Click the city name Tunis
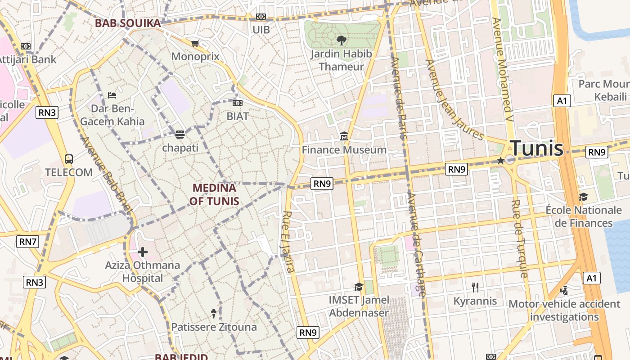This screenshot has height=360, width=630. click(x=536, y=148)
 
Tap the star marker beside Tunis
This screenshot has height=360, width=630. click(x=500, y=161)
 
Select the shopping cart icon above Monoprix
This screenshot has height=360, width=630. click(x=195, y=44)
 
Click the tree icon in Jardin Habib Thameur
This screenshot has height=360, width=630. click(x=341, y=40)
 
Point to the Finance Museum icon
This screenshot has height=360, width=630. click(x=344, y=136)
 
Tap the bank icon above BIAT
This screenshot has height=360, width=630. click(x=237, y=103)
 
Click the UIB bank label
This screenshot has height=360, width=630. click(x=261, y=30)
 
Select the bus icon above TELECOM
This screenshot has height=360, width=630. click(x=69, y=159)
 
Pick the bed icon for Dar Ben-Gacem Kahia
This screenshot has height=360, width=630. click(x=112, y=95)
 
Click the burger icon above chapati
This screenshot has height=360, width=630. click(x=180, y=135)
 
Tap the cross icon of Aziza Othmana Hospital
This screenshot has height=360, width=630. click(x=143, y=252)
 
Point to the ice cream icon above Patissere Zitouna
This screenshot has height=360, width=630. click(x=214, y=313)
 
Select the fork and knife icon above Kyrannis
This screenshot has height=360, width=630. click(x=475, y=287)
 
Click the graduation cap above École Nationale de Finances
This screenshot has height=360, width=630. click(x=583, y=197)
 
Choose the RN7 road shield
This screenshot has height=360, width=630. click(x=28, y=242)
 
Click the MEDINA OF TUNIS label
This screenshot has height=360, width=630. click(x=214, y=194)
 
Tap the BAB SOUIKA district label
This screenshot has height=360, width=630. click(x=128, y=23)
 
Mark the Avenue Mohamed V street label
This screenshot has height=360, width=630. click(x=502, y=65)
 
